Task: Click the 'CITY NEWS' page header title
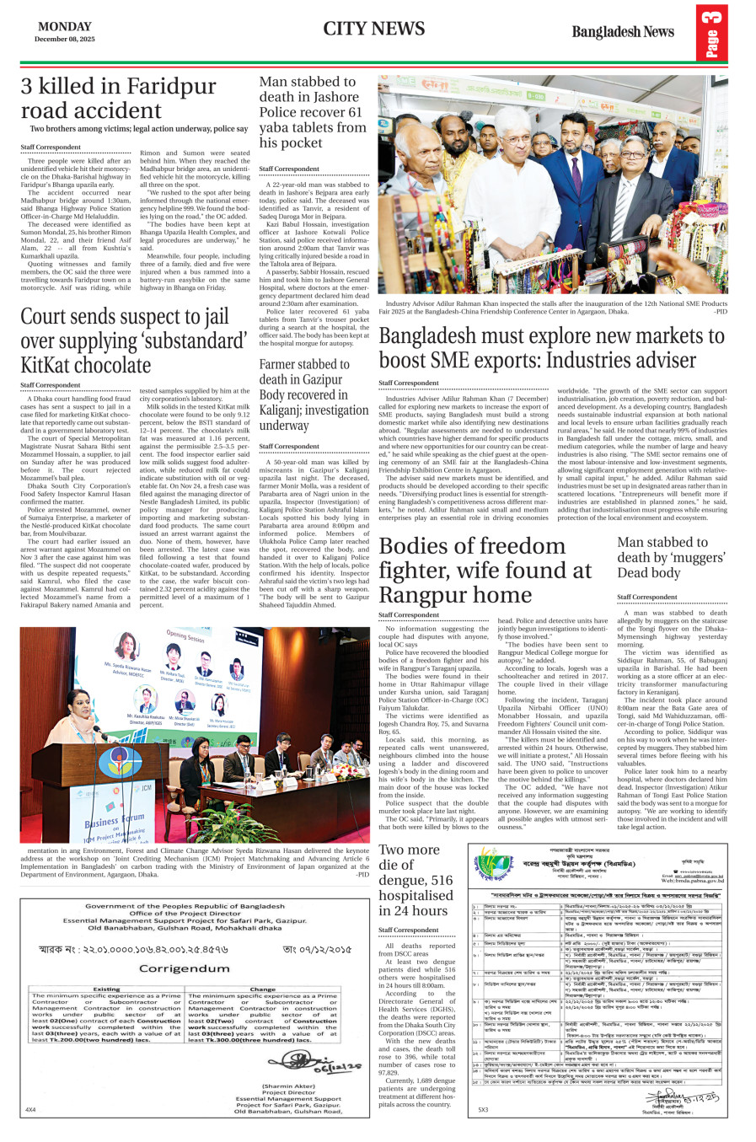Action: point(373,29)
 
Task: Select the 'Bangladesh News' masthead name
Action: point(623,32)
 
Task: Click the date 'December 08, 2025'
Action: point(65,39)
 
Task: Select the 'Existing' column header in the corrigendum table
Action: point(106,989)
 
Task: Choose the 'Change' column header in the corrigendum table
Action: point(263,989)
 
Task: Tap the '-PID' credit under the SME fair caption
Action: point(719,312)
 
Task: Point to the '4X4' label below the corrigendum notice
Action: point(30,1110)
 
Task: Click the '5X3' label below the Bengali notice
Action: point(483,1110)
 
